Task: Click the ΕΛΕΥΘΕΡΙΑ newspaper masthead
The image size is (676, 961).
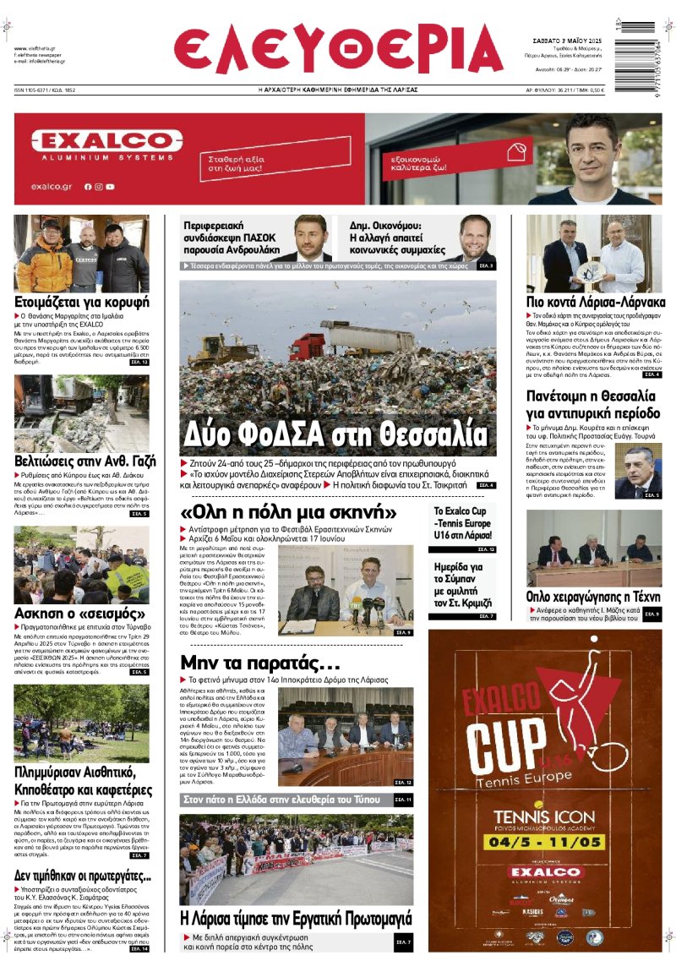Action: click(338, 48)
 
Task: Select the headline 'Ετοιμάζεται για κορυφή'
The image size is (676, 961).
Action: click(82, 302)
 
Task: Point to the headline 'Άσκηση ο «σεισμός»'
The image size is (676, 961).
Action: click(79, 613)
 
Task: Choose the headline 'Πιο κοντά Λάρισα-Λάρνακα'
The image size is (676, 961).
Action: click(595, 302)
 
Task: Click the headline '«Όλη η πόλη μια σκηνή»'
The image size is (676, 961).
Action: click(288, 512)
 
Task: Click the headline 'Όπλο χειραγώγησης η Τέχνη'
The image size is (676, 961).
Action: click(593, 596)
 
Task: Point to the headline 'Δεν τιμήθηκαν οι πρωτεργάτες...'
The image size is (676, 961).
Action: click(82, 876)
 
